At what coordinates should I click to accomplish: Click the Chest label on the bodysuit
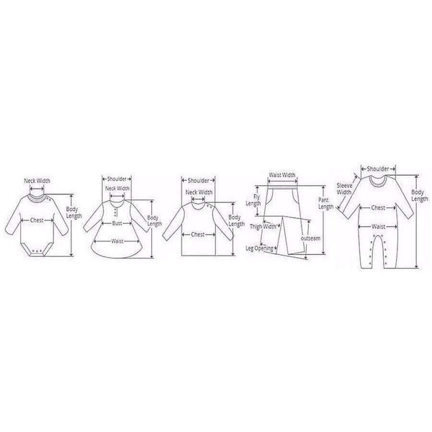point(37,220)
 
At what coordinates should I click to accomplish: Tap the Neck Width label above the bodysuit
point(37,181)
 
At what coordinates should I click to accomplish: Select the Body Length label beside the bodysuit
point(74,212)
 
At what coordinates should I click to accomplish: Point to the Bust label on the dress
point(117,223)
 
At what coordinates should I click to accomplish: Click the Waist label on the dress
point(117,241)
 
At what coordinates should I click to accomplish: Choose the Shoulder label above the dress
point(117,179)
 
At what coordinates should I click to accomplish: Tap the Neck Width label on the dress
point(117,189)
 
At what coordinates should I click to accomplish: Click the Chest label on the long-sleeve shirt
point(198,235)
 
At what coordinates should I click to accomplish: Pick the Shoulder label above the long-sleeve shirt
point(199,181)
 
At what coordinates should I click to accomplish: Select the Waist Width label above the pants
point(282,175)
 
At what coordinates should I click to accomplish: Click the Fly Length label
point(253,200)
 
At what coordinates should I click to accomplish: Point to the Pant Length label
point(326,203)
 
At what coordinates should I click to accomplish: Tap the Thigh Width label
point(263,227)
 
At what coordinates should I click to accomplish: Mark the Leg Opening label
point(259,248)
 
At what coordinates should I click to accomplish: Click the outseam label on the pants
point(311,238)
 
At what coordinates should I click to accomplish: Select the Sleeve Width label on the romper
point(344,189)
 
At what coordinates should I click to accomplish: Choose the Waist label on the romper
point(378,227)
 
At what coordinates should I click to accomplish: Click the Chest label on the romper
point(378,207)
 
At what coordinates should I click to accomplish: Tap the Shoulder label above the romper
point(378,169)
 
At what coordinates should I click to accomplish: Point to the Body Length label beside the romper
point(420,195)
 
